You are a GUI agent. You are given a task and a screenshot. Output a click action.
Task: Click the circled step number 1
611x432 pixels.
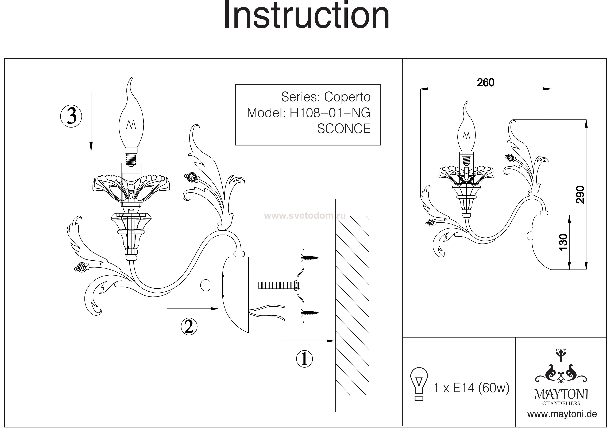click(304, 359)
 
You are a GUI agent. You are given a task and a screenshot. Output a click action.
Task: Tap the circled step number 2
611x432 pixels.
click(189, 327)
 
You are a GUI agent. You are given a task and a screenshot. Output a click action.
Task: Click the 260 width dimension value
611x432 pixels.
click(485, 83)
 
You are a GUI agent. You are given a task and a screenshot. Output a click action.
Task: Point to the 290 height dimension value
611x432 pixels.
click(580, 195)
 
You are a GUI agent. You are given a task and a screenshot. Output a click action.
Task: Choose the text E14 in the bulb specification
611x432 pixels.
click(464, 388)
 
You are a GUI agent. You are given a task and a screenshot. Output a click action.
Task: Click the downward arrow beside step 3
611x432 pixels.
click(91, 121)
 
